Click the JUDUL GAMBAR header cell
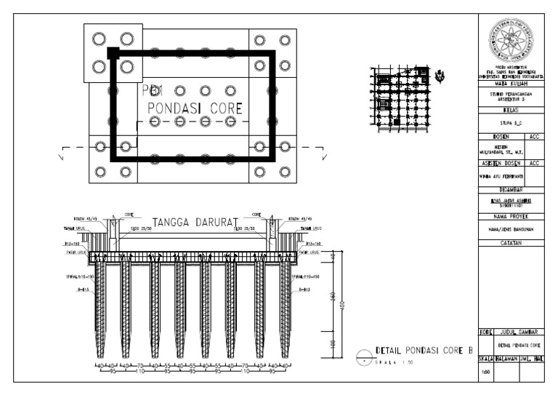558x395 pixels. point(519,332)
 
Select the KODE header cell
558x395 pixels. point(485,332)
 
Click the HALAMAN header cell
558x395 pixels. point(507,359)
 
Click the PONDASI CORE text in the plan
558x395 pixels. point(195,108)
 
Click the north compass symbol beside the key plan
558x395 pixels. point(440,76)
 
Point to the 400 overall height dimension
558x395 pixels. point(343,305)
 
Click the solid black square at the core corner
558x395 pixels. point(113,52)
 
